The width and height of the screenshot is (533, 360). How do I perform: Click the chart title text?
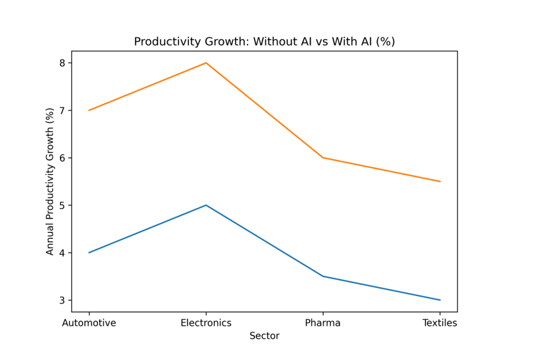tap(264, 41)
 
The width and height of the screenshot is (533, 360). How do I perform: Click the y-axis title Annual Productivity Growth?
tap(50, 181)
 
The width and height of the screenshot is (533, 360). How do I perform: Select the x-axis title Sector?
tap(264, 336)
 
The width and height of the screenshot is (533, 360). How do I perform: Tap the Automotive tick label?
tap(89, 323)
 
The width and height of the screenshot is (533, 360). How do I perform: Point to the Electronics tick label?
tap(206, 323)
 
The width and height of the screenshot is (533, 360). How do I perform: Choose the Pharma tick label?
tap(322, 323)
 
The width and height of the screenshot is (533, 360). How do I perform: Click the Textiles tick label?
tap(440, 323)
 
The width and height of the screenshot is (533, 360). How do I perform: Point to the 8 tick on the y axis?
tap(63, 63)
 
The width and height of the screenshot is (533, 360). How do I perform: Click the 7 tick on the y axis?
tap(63, 111)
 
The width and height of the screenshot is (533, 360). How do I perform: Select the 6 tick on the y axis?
tap(63, 158)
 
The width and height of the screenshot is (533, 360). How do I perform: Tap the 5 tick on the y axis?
tap(63, 205)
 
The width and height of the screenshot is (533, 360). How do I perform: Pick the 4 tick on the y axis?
tap(63, 253)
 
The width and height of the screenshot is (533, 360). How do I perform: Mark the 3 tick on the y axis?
tap(63, 300)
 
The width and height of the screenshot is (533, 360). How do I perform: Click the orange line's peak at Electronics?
tap(206, 63)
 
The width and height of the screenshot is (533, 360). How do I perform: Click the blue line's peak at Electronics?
tap(206, 205)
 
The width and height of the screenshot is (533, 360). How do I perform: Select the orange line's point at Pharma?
tap(322, 158)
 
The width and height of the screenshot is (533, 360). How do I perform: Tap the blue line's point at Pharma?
tap(322, 276)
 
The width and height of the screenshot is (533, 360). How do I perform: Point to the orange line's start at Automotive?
tap(89, 111)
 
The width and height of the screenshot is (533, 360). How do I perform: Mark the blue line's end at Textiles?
tap(440, 300)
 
